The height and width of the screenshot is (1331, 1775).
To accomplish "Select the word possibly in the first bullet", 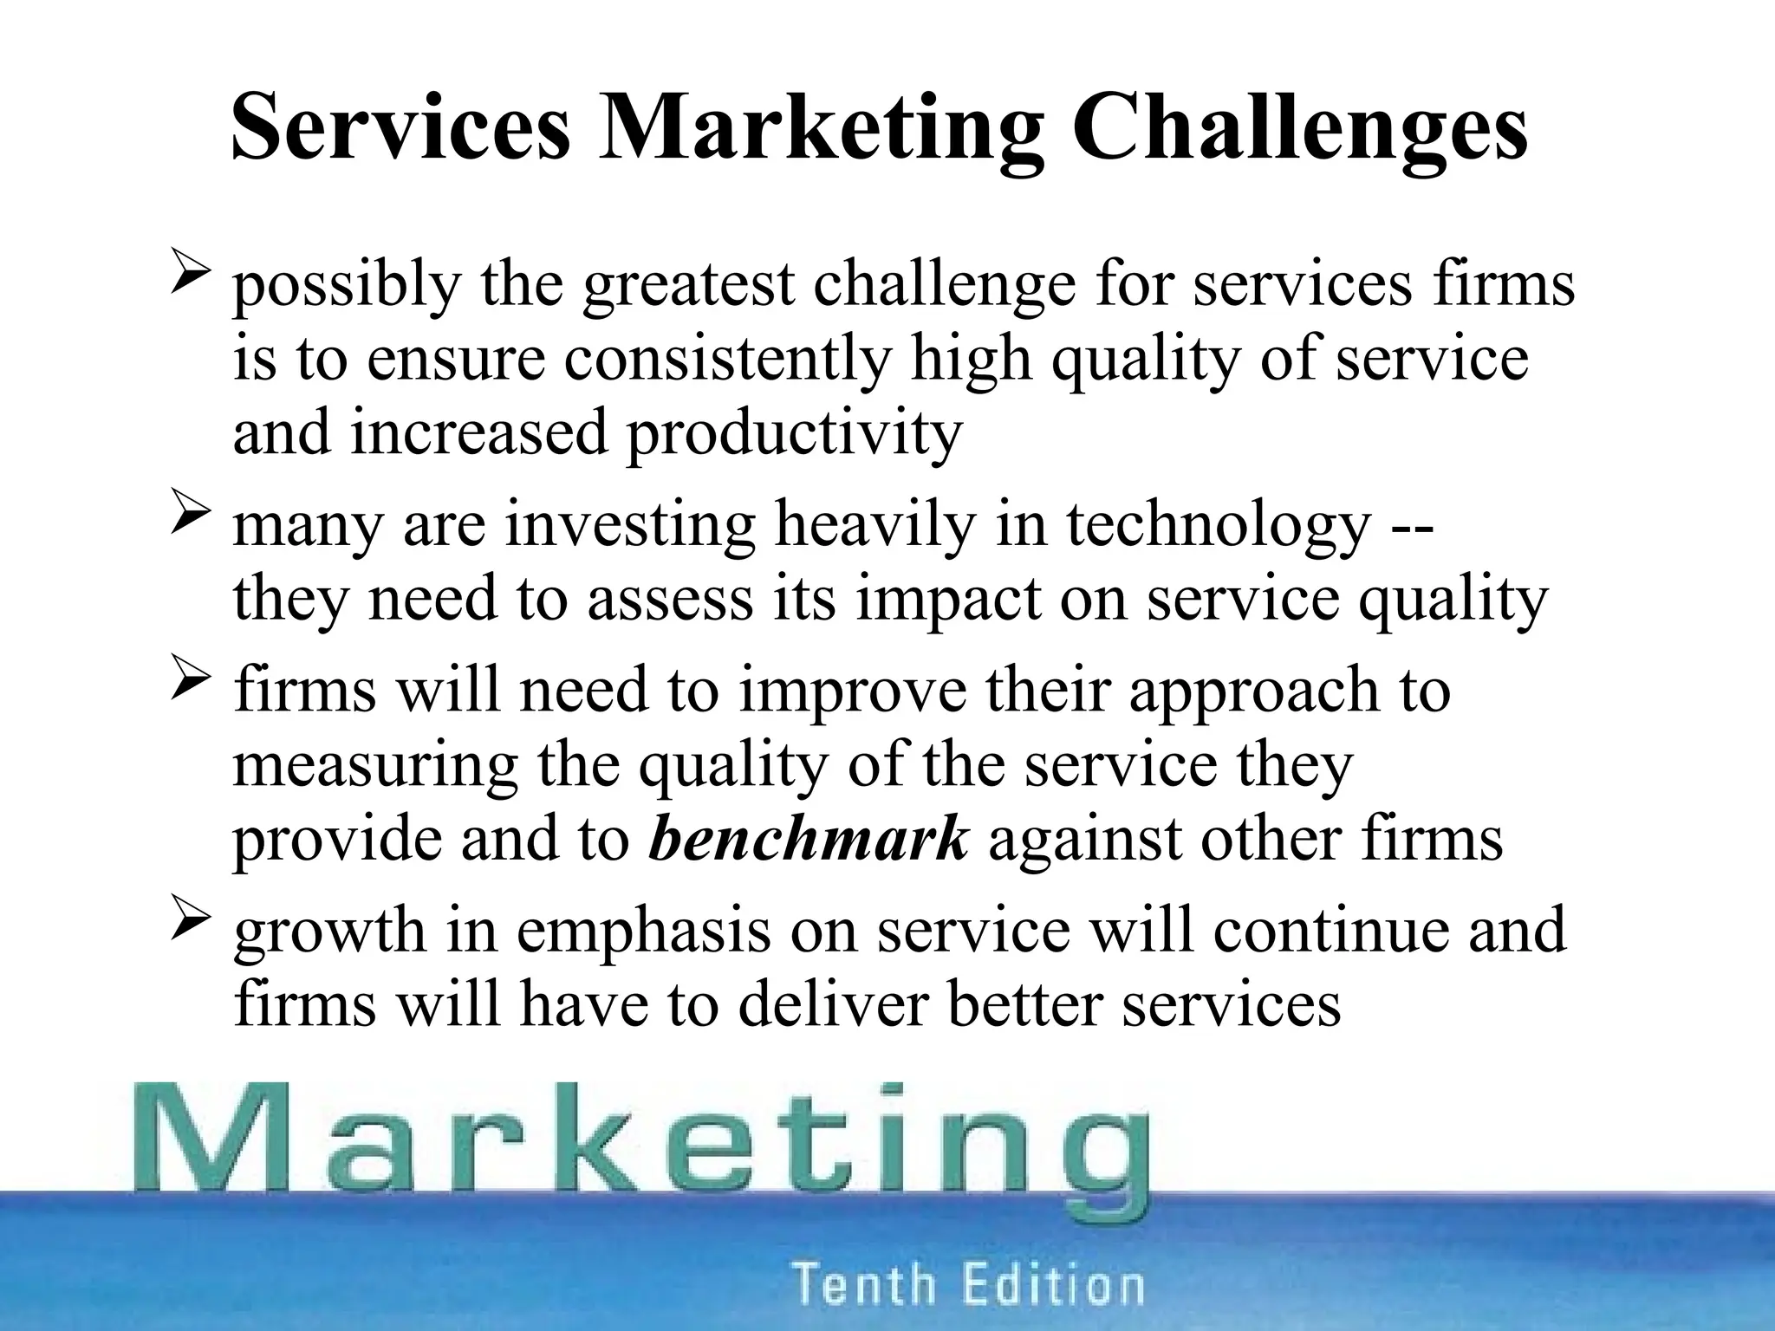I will pyautogui.click(x=347, y=286).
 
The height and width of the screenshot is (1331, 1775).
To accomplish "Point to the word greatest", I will pyautogui.click(x=688, y=286).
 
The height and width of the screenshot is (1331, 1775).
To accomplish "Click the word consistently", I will pyautogui.click(x=727, y=359).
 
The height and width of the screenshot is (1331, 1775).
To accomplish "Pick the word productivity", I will pyautogui.click(x=794, y=433).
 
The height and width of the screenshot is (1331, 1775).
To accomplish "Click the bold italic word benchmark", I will pyautogui.click(x=808, y=839).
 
